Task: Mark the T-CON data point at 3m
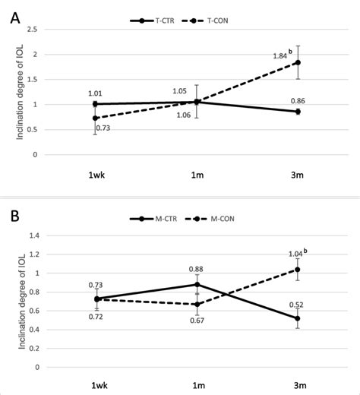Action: coord(297,62)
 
